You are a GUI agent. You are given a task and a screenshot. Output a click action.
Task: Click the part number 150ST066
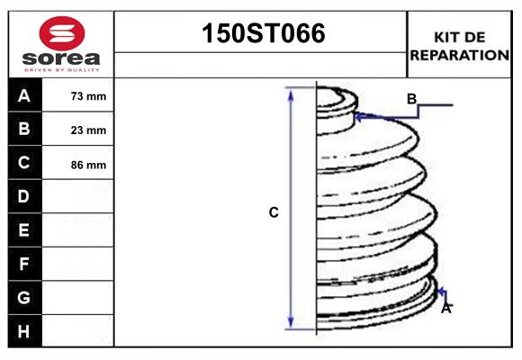tap(261, 35)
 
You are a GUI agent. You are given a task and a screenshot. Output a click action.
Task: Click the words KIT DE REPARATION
tap(459, 45)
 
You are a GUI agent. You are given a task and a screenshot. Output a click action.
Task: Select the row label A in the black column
tap(24, 95)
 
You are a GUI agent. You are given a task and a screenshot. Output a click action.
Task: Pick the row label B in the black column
tap(24, 130)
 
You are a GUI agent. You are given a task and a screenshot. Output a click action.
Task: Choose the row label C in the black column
tap(24, 164)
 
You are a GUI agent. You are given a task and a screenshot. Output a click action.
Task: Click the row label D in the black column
tap(24, 197)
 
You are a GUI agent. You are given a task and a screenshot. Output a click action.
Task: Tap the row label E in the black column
tap(24, 230)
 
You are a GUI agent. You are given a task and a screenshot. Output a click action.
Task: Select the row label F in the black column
tap(24, 264)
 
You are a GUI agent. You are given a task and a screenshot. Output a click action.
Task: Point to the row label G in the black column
tap(24, 297)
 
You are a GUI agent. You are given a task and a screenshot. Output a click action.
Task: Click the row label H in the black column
tap(24, 331)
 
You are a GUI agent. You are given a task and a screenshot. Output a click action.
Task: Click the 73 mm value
tap(88, 96)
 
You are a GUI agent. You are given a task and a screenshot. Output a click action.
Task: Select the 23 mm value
tap(88, 130)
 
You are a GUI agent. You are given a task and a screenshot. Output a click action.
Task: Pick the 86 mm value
tap(88, 165)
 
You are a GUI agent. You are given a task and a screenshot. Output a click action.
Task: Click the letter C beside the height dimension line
tap(274, 213)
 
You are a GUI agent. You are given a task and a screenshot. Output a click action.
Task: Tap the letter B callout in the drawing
tap(411, 99)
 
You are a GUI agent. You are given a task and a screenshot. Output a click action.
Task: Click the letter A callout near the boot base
tap(445, 308)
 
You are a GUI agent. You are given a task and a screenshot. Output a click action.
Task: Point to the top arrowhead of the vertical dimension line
tap(291, 92)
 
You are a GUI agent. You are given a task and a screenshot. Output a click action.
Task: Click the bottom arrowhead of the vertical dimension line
tap(291, 323)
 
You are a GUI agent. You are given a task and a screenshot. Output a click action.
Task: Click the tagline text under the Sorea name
tap(61, 69)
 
